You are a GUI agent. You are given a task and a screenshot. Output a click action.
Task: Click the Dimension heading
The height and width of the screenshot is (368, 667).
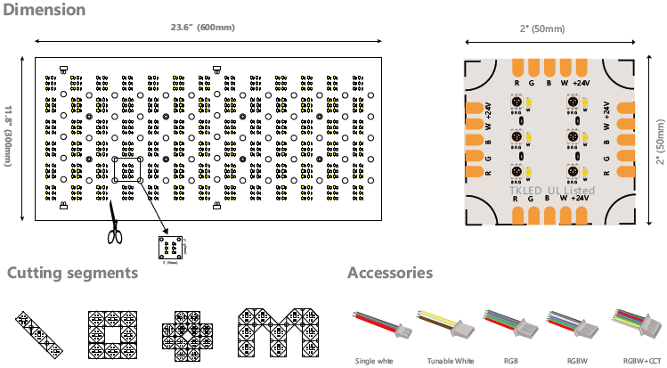tap(44, 11)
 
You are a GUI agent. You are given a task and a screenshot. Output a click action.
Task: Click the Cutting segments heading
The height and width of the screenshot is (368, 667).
tap(73, 273)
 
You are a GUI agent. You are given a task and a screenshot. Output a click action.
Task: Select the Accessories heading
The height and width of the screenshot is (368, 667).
tap(390, 273)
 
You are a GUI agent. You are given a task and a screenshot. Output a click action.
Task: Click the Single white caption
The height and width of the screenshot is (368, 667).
tap(375, 361)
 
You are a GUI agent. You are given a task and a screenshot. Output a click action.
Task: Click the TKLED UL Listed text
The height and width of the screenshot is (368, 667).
tap(551, 191)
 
